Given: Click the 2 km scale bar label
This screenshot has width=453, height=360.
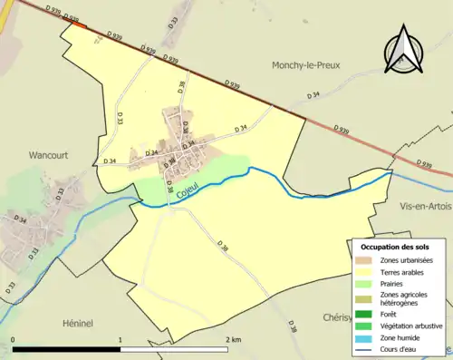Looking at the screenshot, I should pos(234,339).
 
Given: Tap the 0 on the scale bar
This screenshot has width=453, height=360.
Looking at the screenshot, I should pos(14,339).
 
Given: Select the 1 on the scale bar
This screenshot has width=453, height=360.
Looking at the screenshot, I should pos(120,339).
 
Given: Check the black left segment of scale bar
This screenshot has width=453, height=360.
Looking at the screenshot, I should pos(67,349).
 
